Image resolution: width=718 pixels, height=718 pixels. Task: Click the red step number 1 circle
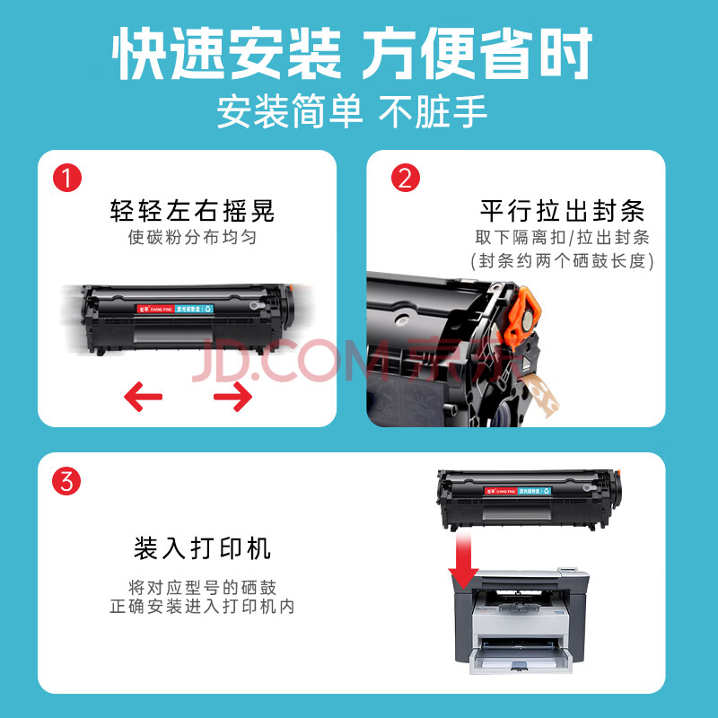coord(67,178)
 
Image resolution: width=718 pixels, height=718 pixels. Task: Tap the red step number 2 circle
coord(406,178)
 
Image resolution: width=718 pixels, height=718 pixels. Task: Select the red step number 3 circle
coord(66,481)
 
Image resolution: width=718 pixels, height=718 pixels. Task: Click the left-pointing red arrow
coord(143,397)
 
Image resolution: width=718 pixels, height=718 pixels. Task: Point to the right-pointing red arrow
coord(233,397)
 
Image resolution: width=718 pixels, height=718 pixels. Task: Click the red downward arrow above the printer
coord(463,559)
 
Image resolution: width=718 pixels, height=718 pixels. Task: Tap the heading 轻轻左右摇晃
coord(192,211)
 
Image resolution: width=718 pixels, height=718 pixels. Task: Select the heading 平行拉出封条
coord(563,211)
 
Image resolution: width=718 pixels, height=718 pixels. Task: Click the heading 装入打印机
coord(203,548)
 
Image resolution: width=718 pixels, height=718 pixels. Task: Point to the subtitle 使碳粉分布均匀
coord(192,237)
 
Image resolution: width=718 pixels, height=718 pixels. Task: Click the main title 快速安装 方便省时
coord(352,53)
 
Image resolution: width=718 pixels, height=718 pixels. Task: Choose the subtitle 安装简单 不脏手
coord(352,111)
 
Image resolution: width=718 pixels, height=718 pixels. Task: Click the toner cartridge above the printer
coord(530,499)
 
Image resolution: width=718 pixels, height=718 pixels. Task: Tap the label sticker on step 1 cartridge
coord(175,309)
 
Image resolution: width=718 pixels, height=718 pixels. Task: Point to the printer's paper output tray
coord(521,657)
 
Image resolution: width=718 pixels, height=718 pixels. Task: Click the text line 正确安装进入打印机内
coord(203,607)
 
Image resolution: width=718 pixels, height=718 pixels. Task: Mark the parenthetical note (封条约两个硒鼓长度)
coord(563,261)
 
